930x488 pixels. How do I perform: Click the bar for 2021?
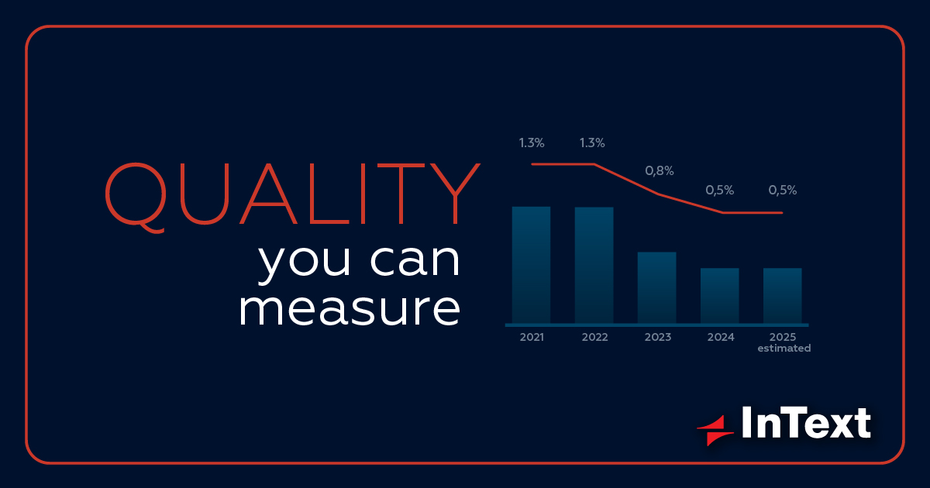click(531, 265)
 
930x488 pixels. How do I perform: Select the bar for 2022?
click(594, 265)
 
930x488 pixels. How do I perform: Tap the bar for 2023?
click(657, 287)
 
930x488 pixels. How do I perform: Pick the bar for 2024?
click(720, 295)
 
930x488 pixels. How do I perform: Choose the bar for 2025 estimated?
click(783, 295)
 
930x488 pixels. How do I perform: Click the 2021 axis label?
click(532, 337)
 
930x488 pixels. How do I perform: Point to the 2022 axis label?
click(595, 337)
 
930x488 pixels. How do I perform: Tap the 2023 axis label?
click(658, 337)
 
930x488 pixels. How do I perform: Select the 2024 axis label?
click(722, 337)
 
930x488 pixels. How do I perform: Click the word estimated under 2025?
click(784, 348)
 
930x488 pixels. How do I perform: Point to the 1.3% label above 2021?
click(532, 143)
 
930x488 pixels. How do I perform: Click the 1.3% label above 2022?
click(592, 143)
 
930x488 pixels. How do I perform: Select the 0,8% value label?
click(660, 170)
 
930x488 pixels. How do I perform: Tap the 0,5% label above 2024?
click(720, 190)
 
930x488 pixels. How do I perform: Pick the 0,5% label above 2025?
click(783, 190)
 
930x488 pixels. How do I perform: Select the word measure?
click(350, 309)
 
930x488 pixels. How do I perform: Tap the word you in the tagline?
click(305, 262)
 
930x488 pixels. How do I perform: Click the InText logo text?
click(806, 422)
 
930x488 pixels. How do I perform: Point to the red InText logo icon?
click(715, 431)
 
